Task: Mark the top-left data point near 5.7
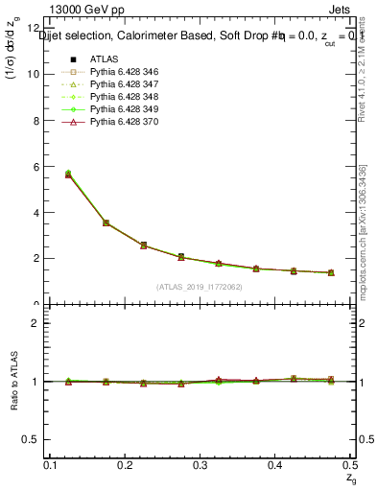click(68, 175)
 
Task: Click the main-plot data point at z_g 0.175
click(106, 222)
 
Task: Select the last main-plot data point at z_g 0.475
click(330, 272)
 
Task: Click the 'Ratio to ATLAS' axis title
click(13, 381)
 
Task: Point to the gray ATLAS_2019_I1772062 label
click(199, 286)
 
